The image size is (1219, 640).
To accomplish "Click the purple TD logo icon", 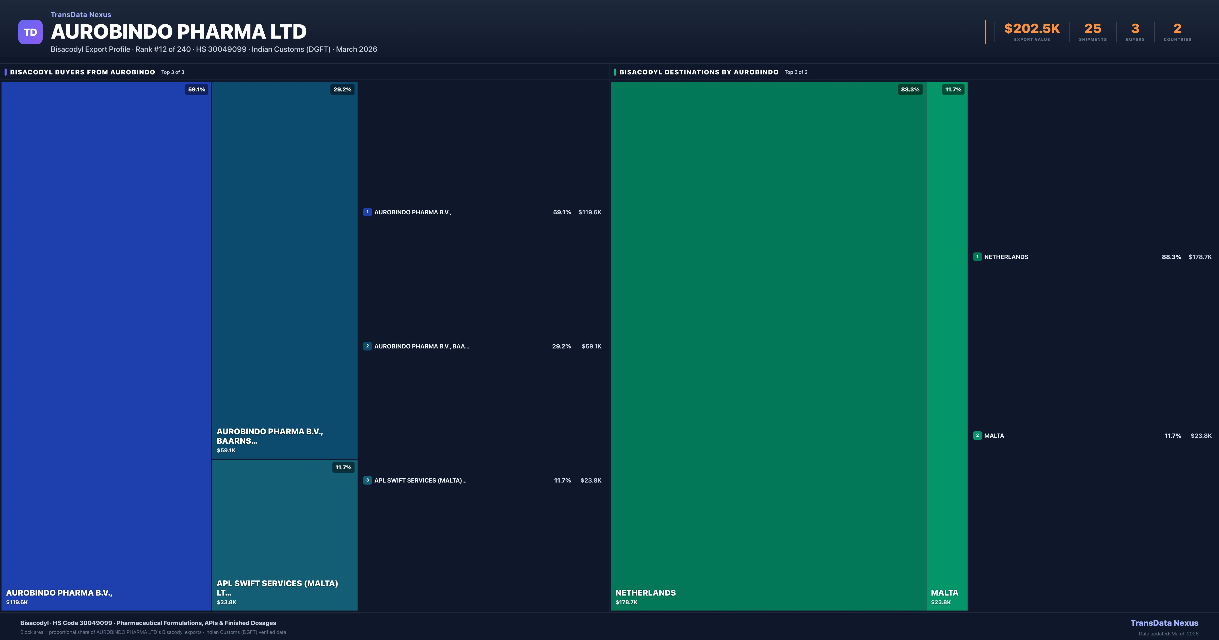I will (30, 32).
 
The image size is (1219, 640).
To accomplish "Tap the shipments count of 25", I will (1093, 29).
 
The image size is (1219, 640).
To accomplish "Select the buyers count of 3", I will (1135, 29).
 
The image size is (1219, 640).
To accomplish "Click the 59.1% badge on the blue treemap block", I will (196, 89).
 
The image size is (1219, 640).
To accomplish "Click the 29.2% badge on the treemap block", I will (342, 89).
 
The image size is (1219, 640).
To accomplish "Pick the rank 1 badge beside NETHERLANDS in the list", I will (977, 257).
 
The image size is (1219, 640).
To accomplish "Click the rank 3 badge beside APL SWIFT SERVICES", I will (367, 480).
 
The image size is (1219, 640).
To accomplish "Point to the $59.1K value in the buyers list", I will (591, 346).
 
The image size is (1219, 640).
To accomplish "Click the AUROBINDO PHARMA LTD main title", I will (178, 32).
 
